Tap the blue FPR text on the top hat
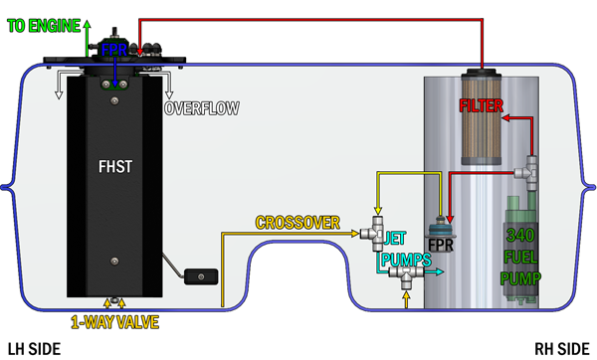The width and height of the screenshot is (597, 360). (112, 48)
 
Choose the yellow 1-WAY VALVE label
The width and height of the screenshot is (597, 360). (114, 322)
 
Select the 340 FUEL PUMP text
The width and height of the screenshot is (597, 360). (521, 257)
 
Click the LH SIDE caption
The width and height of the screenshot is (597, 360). (34, 348)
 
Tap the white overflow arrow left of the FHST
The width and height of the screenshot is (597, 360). (57, 93)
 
